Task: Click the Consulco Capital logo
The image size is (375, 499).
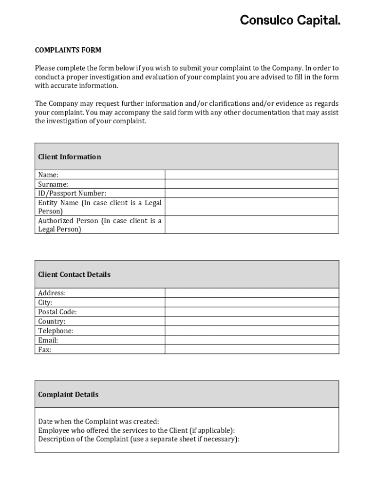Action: (x=290, y=20)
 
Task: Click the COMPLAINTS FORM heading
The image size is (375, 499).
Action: (x=68, y=50)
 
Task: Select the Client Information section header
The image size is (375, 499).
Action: (x=70, y=157)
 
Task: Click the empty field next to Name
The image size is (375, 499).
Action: (x=251, y=174)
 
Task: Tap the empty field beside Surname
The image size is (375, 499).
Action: (x=251, y=184)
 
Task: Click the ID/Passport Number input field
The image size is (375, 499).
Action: (x=251, y=193)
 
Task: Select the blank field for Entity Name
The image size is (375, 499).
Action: (x=251, y=207)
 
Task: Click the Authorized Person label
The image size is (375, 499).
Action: (x=99, y=225)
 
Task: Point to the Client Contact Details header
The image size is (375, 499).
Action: (x=74, y=274)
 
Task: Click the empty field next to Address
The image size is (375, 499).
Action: (x=251, y=293)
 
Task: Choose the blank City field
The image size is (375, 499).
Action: (x=251, y=303)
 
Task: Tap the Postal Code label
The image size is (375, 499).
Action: (x=57, y=312)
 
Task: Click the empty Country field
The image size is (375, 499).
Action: (x=251, y=321)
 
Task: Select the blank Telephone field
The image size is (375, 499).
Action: (x=251, y=331)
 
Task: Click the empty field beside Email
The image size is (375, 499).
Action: (x=251, y=340)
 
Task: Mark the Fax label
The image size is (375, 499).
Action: (x=45, y=349)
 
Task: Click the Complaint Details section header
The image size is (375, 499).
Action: (x=68, y=394)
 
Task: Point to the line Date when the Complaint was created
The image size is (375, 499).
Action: (x=98, y=421)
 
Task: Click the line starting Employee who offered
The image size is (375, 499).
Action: (x=136, y=430)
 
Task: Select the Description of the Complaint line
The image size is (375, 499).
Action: (x=139, y=439)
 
